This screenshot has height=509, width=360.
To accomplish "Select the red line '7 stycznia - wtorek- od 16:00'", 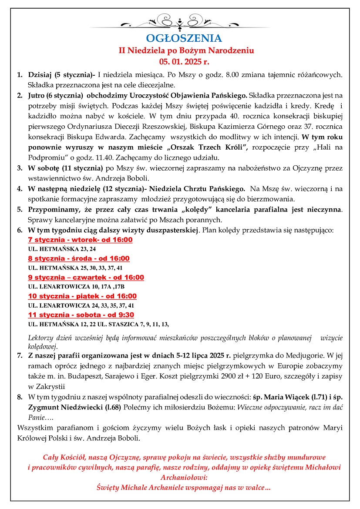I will click(x=80, y=240).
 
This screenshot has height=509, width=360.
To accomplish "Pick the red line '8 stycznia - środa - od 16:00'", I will click(x=78, y=258).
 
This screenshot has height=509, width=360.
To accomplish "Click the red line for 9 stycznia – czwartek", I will click(x=86, y=277).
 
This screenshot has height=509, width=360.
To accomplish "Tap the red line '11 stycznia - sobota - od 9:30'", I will click(x=81, y=315).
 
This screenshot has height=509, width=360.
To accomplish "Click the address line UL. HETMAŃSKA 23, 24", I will click(x=61, y=249).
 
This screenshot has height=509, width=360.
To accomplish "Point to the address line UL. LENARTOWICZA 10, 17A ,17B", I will click(x=76, y=287).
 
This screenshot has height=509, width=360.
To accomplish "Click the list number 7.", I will click(x=20, y=355).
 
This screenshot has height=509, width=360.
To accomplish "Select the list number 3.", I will click(x=20, y=168).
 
